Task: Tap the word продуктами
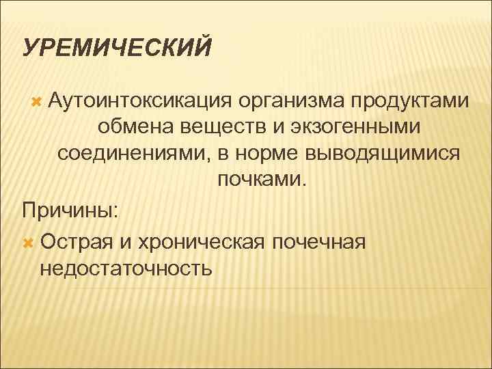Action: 410,102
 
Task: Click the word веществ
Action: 211,128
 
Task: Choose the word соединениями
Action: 133,154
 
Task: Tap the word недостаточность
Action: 126,267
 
